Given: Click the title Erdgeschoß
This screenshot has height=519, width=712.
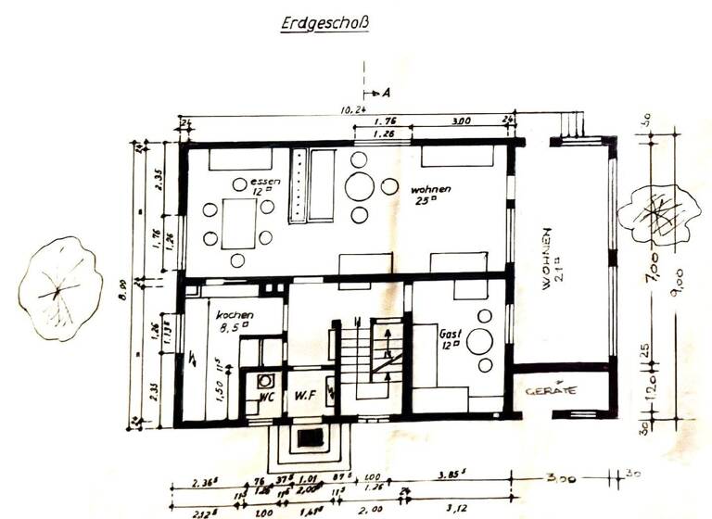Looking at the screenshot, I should pyautogui.click(x=324, y=24).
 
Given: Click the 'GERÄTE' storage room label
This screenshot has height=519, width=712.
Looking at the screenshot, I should pyautogui.click(x=551, y=391).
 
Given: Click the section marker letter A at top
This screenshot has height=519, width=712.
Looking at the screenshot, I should pyautogui.click(x=385, y=94).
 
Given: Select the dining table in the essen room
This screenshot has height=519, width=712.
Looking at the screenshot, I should pyautogui.click(x=238, y=222).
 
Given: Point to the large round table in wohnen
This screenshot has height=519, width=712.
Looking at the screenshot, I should pyautogui.click(x=360, y=186).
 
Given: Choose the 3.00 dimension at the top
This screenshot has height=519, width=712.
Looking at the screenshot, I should pyautogui.click(x=460, y=120).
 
